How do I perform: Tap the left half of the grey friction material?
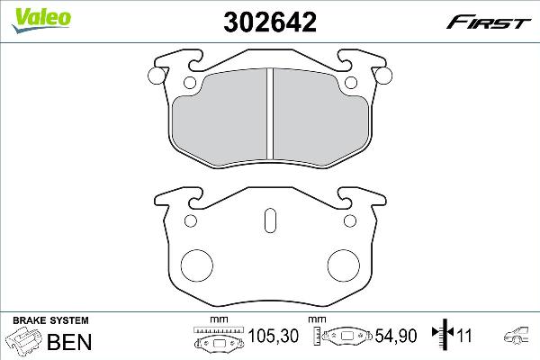[220, 117]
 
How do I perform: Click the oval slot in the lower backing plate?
[271, 221]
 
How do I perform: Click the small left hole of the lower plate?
[190, 221]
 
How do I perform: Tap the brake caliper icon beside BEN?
[25, 342]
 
